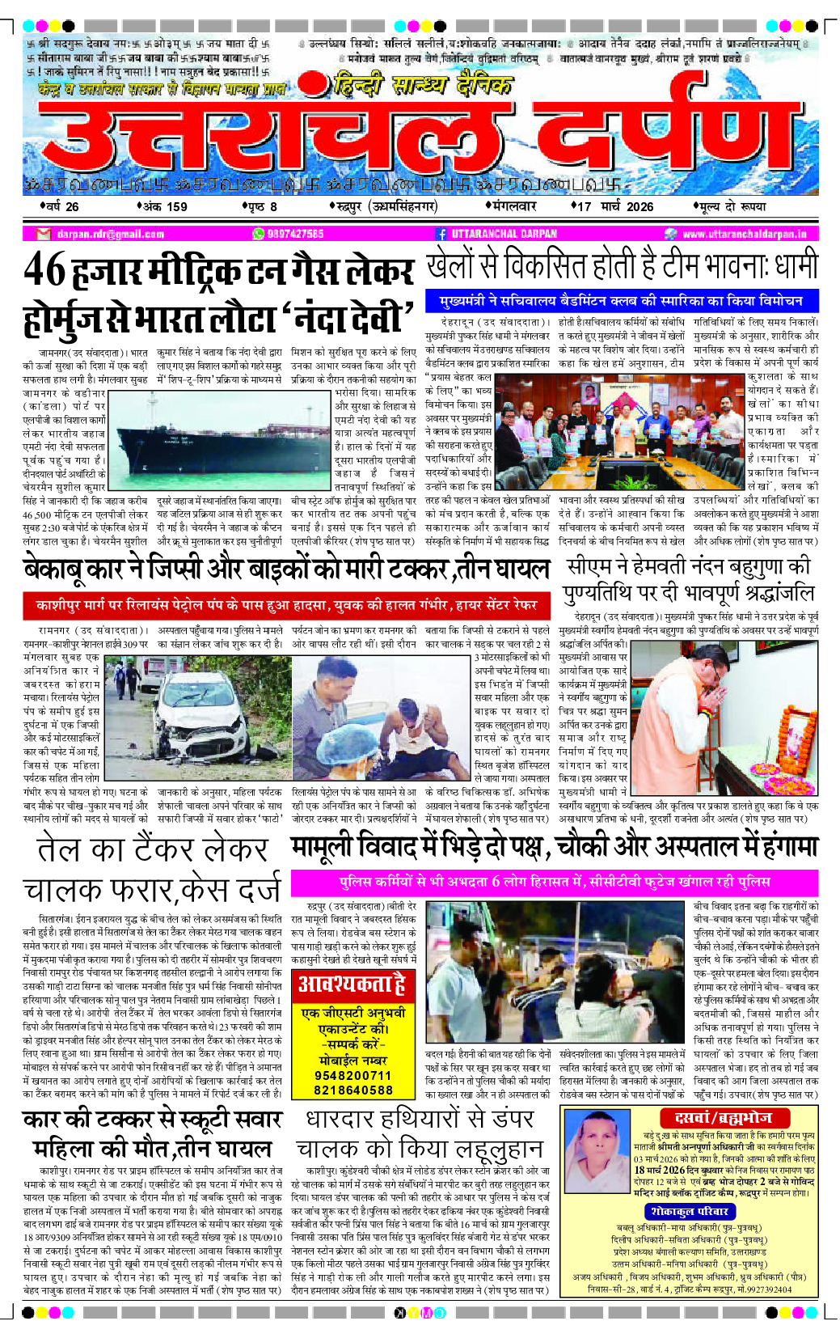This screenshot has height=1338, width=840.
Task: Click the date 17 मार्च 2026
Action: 614,206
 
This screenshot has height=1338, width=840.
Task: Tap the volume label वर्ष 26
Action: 61,206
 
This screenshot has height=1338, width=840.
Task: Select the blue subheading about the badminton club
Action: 621,301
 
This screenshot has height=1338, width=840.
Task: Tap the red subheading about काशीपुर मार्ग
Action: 286,604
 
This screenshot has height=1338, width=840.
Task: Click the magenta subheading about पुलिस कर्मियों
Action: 554,881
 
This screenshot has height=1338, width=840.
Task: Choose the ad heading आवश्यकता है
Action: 352,984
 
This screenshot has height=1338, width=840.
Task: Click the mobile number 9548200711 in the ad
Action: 353,1075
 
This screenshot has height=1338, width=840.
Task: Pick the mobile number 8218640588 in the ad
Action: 353,1090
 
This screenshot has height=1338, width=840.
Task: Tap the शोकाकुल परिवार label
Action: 690,1211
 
